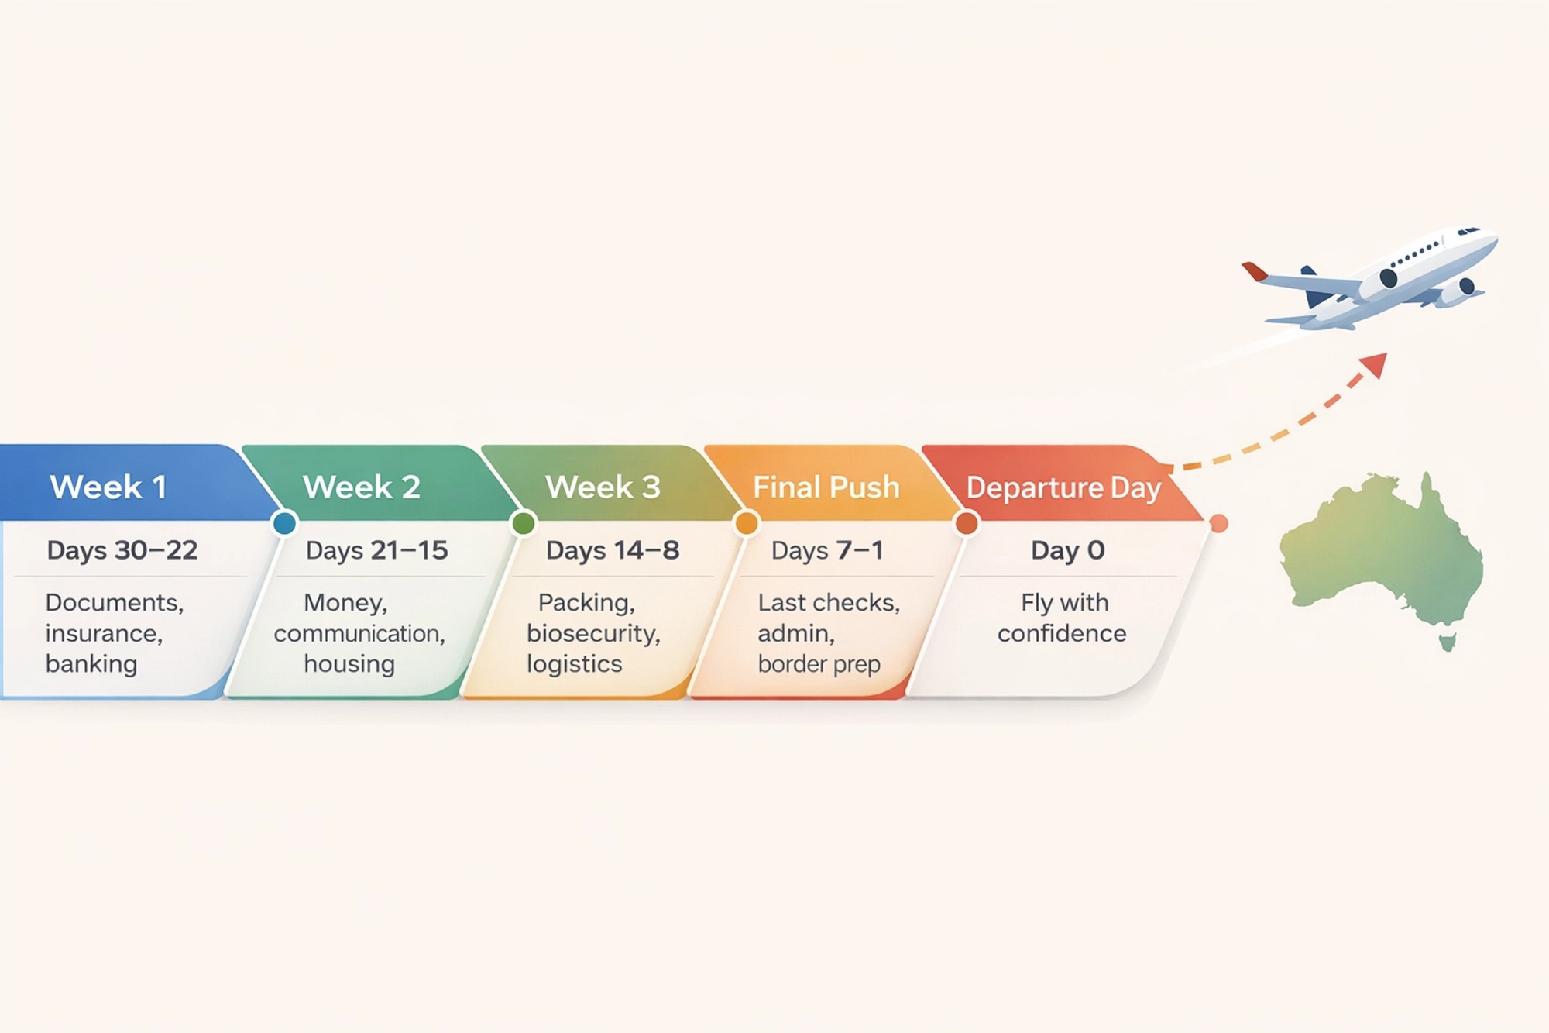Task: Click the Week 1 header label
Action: coord(108,487)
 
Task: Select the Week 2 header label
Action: coord(362,487)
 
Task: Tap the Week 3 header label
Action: coord(603,487)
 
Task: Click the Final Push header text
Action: coord(826,487)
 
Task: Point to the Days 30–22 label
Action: coord(122,550)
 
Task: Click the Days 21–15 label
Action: coord(377,550)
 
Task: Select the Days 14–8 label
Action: coord(613,550)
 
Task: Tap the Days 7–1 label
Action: coord(827,550)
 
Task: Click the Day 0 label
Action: coord(1067,550)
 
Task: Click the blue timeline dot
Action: coord(285,524)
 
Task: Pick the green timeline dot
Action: coord(524,524)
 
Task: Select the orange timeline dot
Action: coord(747,524)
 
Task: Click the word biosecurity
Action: coord(593,634)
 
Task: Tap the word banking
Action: coord(91,664)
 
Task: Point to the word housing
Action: coord(349,664)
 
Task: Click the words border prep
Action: coord(819,664)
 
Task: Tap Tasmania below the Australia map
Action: coord(1447,642)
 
